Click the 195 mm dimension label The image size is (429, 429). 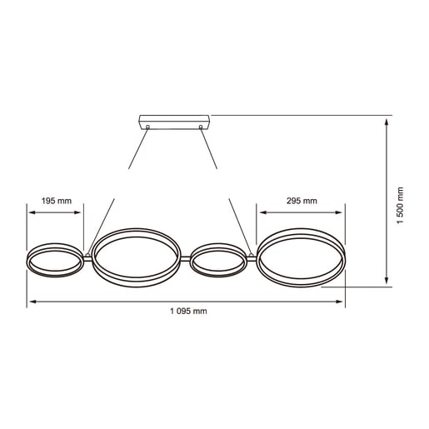(x=57, y=201)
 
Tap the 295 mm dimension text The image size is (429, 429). (x=301, y=201)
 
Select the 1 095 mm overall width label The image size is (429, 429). (x=187, y=311)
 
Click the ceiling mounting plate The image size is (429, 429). (x=174, y=121)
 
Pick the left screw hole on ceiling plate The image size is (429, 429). (x=147, y=127)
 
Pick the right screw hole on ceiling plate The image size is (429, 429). (x=202, y=127)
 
